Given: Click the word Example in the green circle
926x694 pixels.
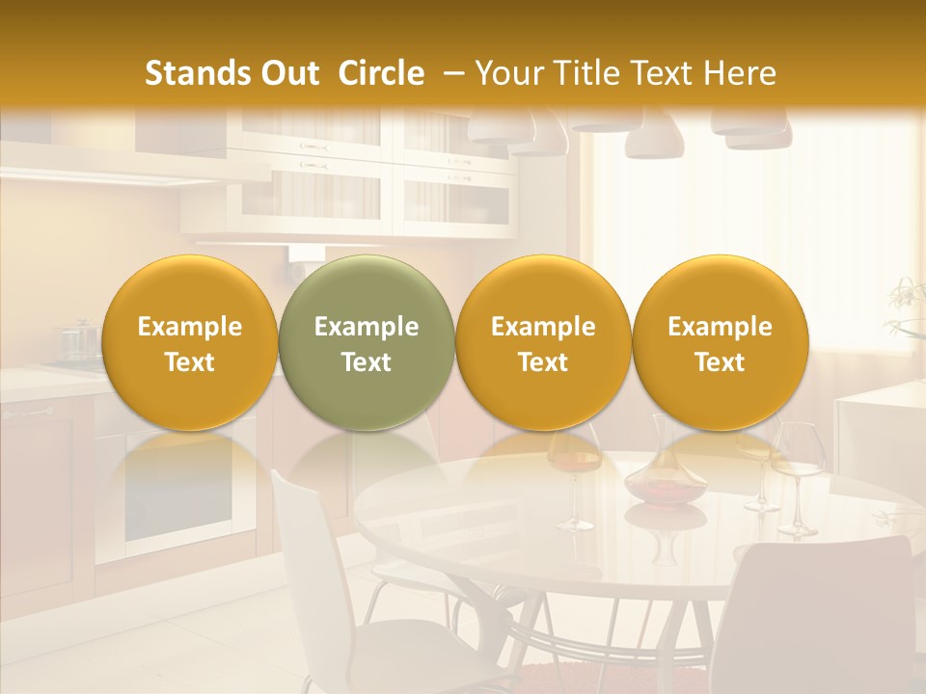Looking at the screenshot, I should (x=367, y=327).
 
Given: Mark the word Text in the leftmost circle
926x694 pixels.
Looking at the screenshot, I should (x=189, y=362).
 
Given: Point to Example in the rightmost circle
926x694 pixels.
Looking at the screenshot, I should (x=720, y=327).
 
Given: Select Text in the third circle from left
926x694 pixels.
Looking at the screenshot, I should (x=543, y=362).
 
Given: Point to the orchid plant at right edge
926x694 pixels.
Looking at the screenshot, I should (x=907, y=299).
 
